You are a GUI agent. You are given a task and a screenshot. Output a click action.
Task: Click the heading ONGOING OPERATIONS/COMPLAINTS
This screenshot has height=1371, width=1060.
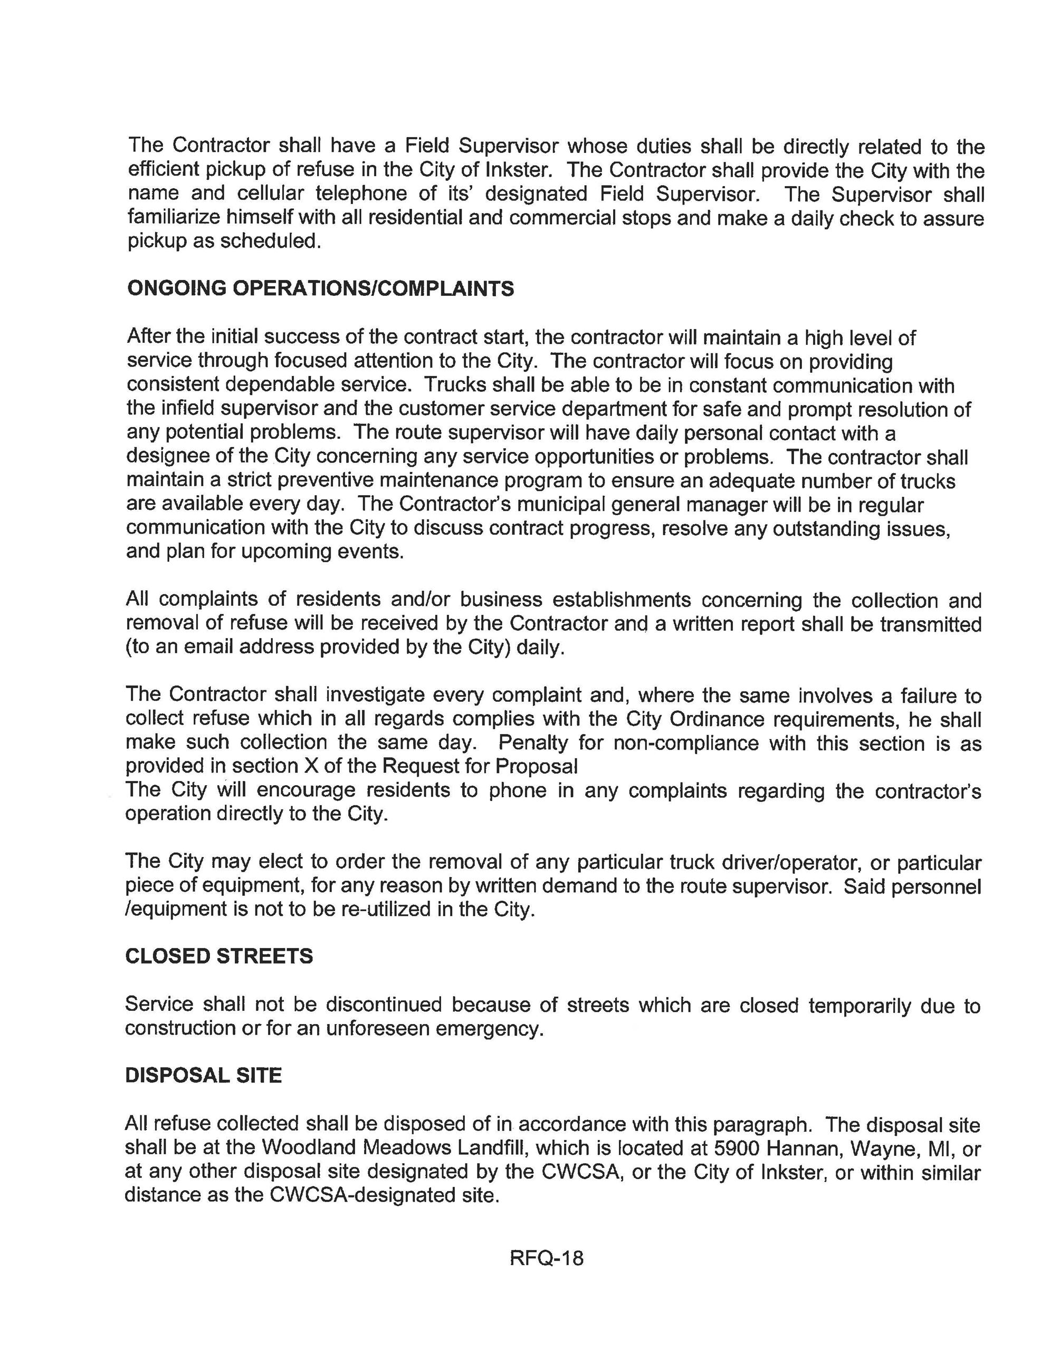(x=320, y=289)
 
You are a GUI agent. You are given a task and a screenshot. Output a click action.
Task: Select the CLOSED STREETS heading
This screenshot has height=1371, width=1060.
(x=218, y=956)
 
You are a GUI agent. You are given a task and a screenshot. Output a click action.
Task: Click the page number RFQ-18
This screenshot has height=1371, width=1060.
(x=546, y=1259)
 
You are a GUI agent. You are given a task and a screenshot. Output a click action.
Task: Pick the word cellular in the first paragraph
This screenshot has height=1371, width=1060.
(x=270, y=194)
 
